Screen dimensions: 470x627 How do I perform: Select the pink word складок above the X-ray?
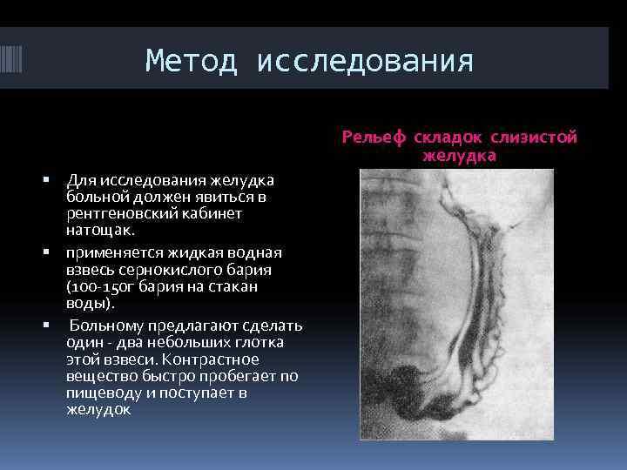coord(448,138)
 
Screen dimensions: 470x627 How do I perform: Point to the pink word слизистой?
coord(534,138)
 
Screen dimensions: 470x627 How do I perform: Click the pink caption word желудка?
coord(459,157)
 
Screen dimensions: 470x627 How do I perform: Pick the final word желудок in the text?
coord(98,410)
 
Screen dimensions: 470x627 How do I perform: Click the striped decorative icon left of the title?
coord(17,64)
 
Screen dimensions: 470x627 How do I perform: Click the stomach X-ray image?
coord(457,304)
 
